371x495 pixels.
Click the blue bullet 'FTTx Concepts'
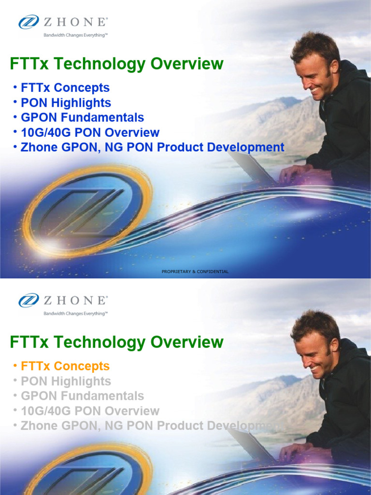point(65,88)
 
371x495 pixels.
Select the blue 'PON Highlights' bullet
point(66,103)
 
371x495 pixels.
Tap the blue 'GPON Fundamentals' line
point(82,117)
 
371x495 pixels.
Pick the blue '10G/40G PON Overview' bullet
point(90,132)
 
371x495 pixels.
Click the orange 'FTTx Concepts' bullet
point(65,366)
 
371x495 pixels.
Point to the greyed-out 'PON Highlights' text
point(66,381)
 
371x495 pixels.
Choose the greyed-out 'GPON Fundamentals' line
point(82,396)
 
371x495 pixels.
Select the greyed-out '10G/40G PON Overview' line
point(90,411)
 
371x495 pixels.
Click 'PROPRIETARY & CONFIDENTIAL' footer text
point(195,272)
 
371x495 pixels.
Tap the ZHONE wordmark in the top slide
point(76,22)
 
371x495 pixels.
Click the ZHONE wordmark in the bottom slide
point(76,301)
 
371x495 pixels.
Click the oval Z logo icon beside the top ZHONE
point(29,22)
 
